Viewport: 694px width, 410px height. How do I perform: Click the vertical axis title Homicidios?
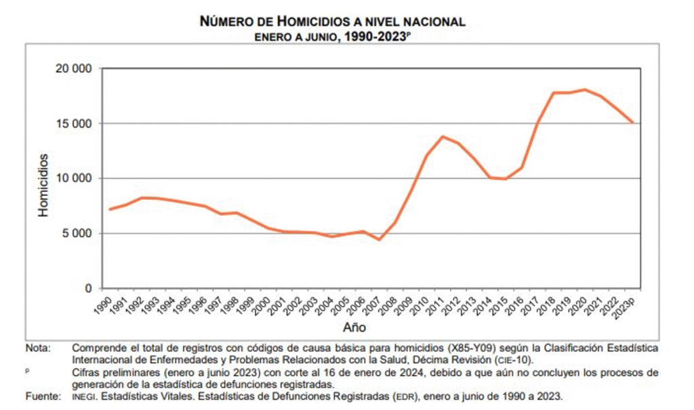(x=43, y=185)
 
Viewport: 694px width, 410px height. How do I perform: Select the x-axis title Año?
(x=355, y=328)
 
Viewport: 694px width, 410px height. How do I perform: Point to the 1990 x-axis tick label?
(x=104, y=304)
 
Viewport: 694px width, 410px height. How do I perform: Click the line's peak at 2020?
(x=585, y=89)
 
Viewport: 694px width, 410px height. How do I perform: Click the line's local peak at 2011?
(x=443, y=137)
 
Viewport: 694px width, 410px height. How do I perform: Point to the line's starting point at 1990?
(x=110, y=209)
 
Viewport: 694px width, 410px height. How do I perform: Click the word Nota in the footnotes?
(x=38, y=348)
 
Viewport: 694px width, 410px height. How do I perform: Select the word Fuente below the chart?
(x=43, y=396)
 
